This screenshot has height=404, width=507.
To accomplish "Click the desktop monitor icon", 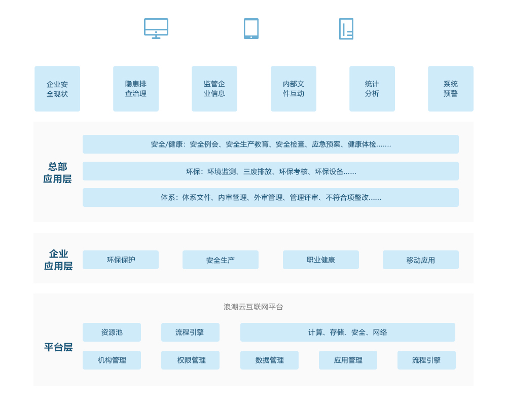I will (156, 29).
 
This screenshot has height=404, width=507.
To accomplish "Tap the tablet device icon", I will (251, 29).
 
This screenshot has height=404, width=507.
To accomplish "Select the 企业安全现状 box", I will (57, 89).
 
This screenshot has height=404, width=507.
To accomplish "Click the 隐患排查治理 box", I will (136, 89).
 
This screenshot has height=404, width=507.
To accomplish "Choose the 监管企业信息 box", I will (214, 89).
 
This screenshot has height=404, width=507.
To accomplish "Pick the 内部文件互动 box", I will (294, 89).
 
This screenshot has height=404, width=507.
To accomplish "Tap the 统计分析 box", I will (372, 89).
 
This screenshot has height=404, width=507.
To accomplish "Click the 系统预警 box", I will (451, 89).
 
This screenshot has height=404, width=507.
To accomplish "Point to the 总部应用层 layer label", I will (57, 173).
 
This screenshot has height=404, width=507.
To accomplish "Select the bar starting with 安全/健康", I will (271, 144).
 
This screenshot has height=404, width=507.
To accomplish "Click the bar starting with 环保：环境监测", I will (271, 171).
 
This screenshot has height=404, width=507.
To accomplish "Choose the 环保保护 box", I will (121, 260).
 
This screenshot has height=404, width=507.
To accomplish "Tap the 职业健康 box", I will (321, 260).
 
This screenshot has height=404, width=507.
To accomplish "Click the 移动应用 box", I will (421, 260).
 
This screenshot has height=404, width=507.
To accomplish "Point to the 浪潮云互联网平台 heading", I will (253, 307).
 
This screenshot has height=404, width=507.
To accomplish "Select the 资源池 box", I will (112, 332).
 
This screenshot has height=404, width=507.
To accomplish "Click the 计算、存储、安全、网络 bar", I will (348, 332).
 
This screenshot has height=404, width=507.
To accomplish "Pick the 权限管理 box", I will (191, 360).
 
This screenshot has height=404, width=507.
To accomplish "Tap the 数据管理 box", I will (269, 360).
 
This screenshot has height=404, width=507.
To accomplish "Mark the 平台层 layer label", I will (58, 347).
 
